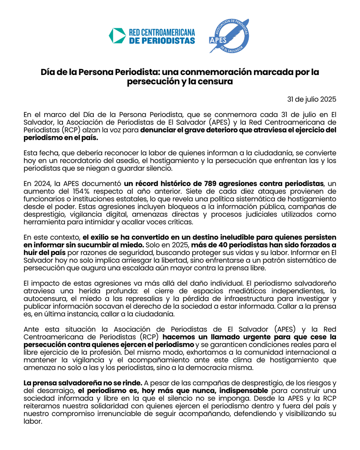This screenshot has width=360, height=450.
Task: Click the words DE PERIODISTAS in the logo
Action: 162,40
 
